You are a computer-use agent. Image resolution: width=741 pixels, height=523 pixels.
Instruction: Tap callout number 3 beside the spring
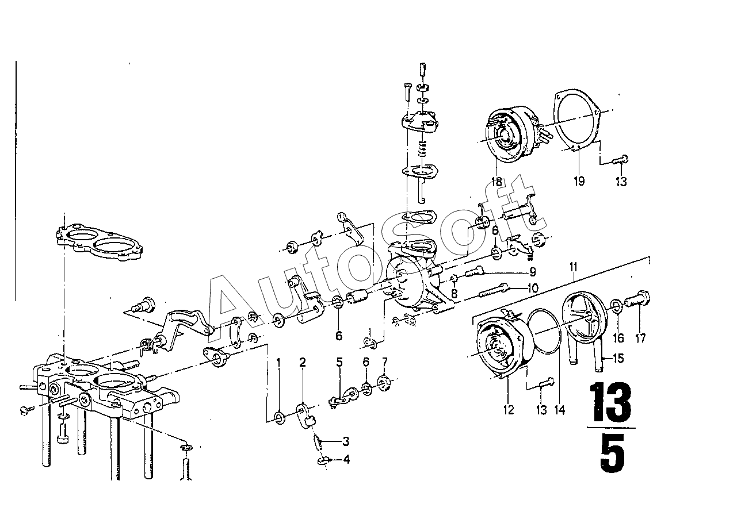click(x=346, y=441)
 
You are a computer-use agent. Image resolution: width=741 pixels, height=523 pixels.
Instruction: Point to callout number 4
click(x=346, y=459)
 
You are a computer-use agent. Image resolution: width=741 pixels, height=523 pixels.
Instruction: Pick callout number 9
click(x=533, y=271)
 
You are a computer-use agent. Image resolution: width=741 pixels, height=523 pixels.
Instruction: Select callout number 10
click(x=532, y=288)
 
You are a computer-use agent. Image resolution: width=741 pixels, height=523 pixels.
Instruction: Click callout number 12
click(x=508, y=410)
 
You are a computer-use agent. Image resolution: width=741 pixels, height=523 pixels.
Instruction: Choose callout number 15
click(x=618, y=359)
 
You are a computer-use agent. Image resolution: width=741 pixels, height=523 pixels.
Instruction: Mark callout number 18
click(x=496, y=182)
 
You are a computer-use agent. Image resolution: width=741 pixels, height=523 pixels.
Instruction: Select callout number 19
click(x=579, y=181)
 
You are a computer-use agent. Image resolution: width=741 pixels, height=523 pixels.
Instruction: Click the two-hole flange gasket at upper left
click(x=99, y=240)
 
